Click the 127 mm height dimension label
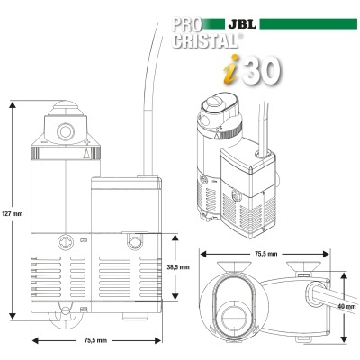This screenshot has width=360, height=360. tap(13, 213)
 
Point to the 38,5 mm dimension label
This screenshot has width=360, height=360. tap(178, 267)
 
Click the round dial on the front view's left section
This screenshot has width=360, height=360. tap(63, 240)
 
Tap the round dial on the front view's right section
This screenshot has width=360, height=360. tap(133, 240)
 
